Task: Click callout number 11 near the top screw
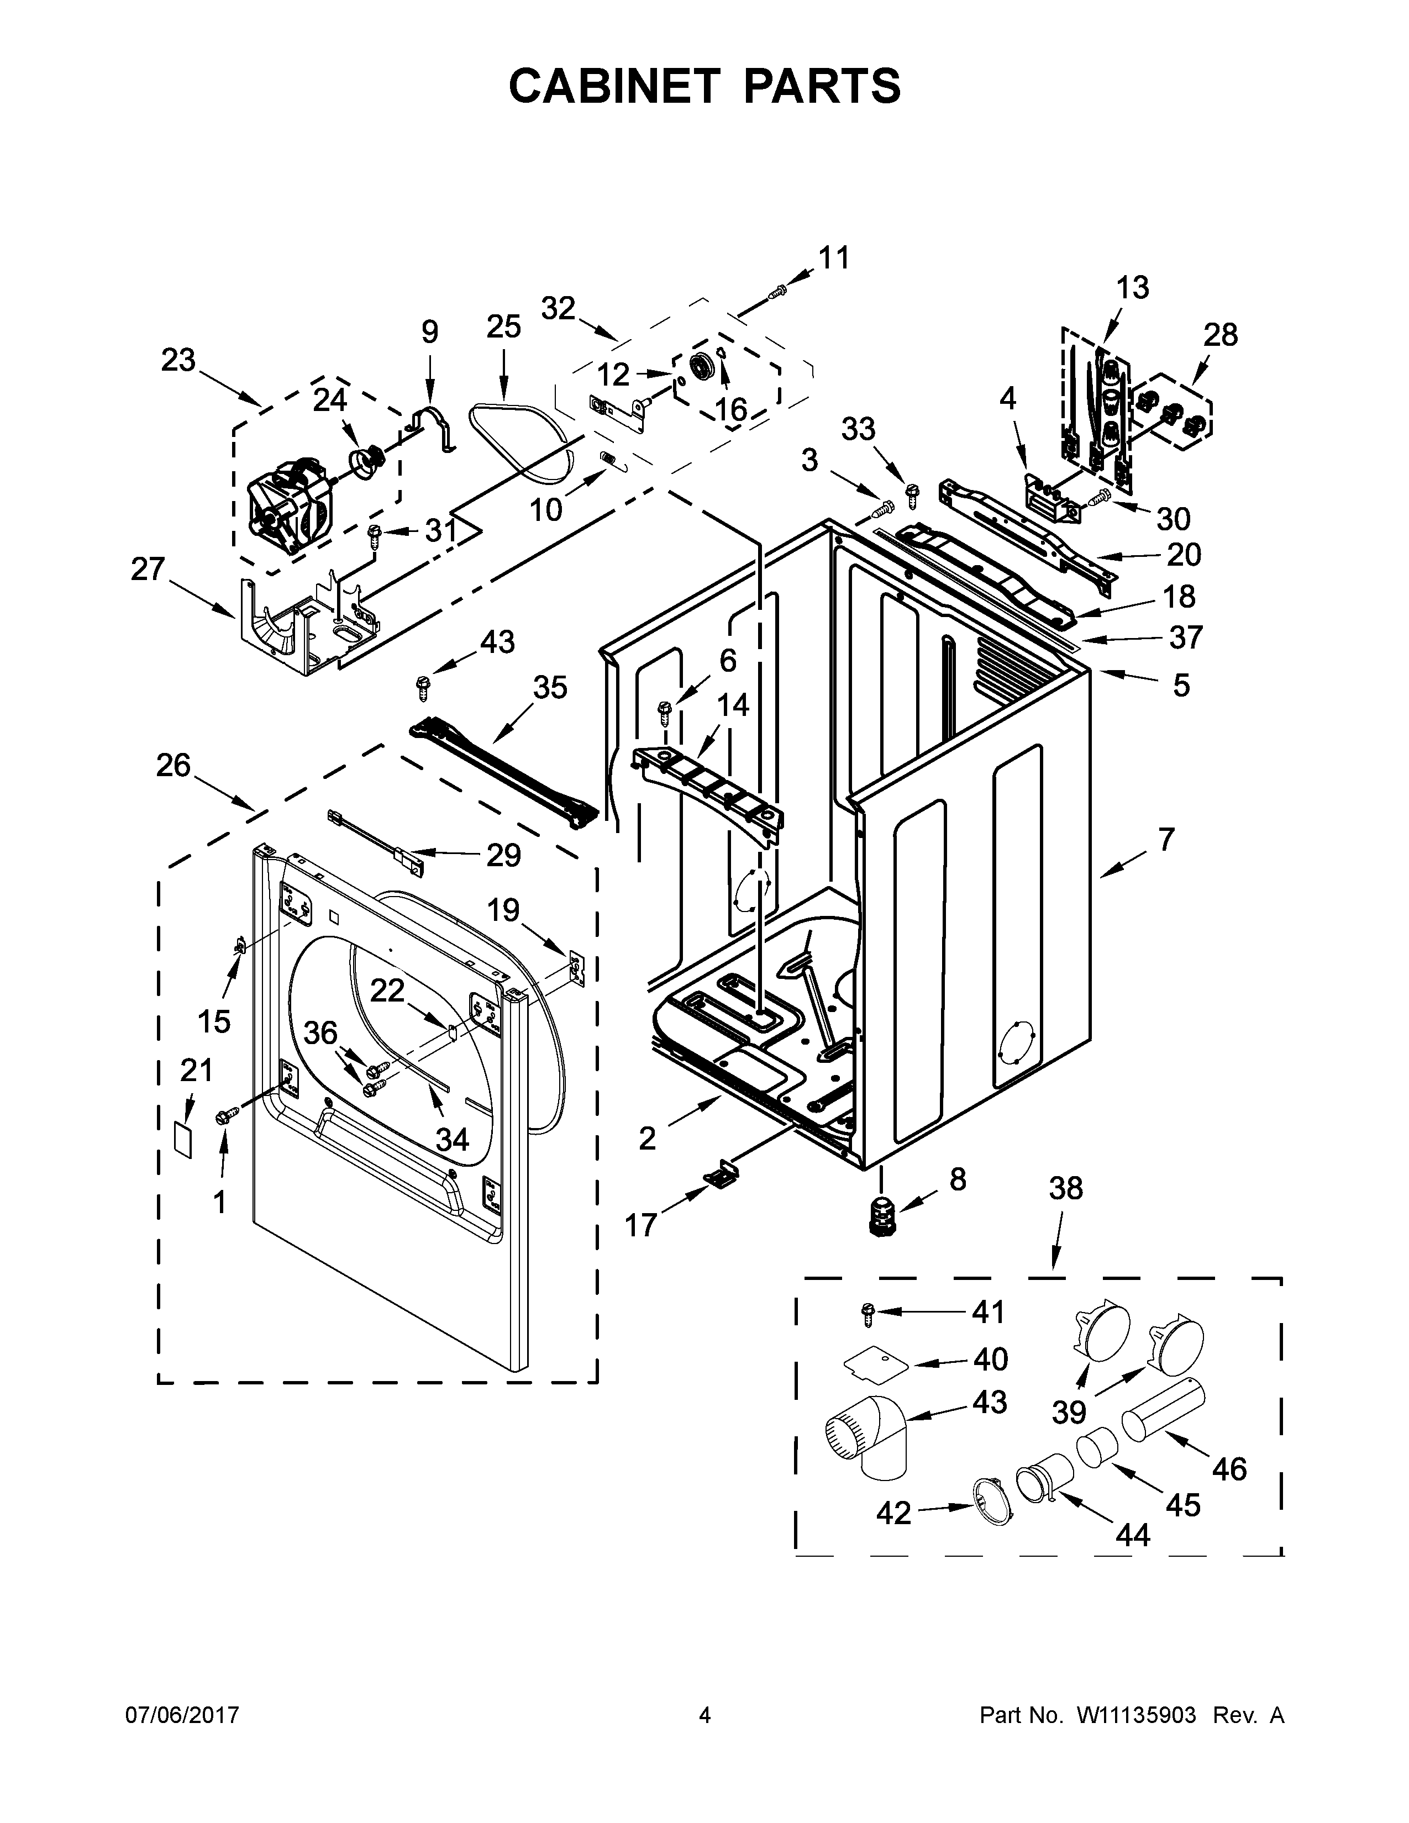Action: click(833, 258)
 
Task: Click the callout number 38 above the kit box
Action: click(1065, 1188)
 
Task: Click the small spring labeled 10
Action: click(609, 459)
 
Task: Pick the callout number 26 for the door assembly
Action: click(174, 766)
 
